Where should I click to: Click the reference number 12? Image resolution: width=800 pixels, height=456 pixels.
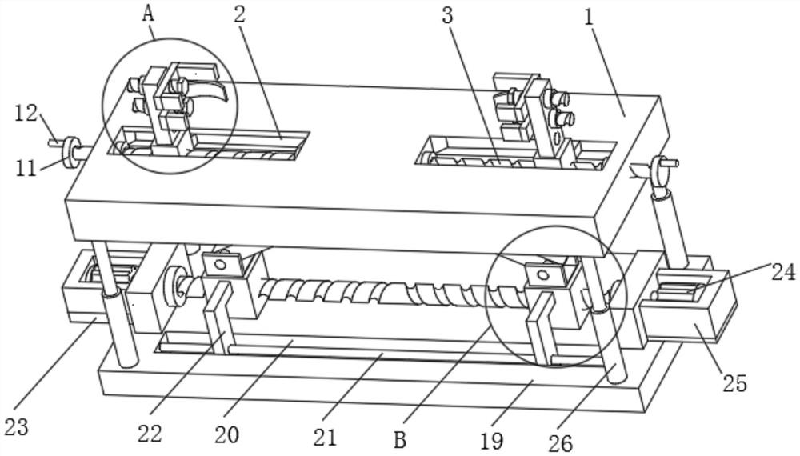(x=26, y=113)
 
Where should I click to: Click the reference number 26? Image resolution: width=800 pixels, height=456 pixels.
(x=560, y=442)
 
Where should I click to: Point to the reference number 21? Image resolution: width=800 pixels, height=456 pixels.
(x=325, y=437)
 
